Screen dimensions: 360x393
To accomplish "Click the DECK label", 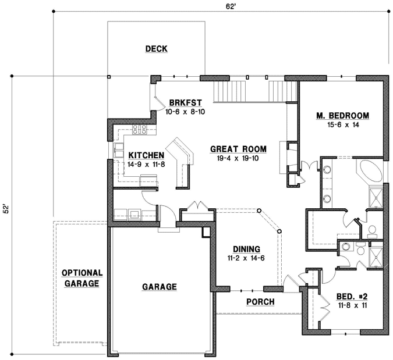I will [156, 49].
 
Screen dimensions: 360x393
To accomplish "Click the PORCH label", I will [260, 302].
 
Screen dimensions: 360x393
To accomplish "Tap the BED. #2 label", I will [352, 297].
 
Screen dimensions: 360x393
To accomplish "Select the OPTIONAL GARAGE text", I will [82, 279].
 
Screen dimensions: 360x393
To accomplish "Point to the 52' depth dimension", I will [6, 210].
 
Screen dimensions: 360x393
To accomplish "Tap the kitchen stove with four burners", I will [140, 130].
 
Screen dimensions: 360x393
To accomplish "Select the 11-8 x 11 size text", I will [352, 305].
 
